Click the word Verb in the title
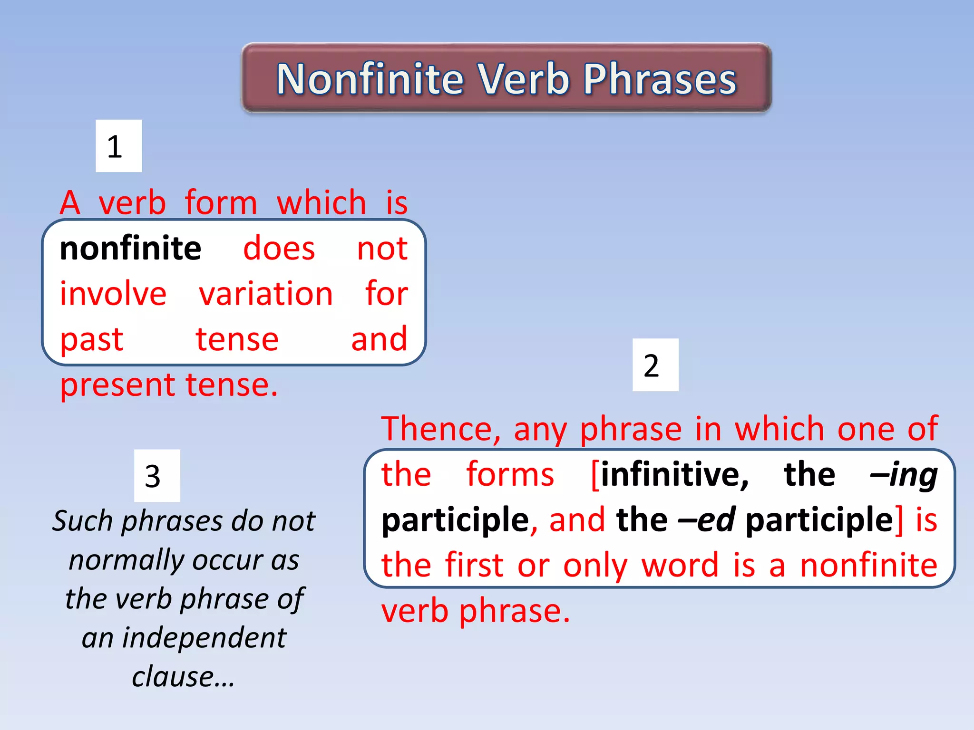pos(523,79)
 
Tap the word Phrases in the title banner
pos(660,79)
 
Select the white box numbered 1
pos(118,146)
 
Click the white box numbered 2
pos(655,365)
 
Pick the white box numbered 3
pos(157,475)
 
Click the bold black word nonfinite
pos(130,249)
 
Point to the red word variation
pos(266,294)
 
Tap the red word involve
pos(113,294)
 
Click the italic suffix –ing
pos(903,474)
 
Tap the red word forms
pos(510,474)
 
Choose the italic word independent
pos(204,637)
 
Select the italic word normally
pos(127,560)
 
